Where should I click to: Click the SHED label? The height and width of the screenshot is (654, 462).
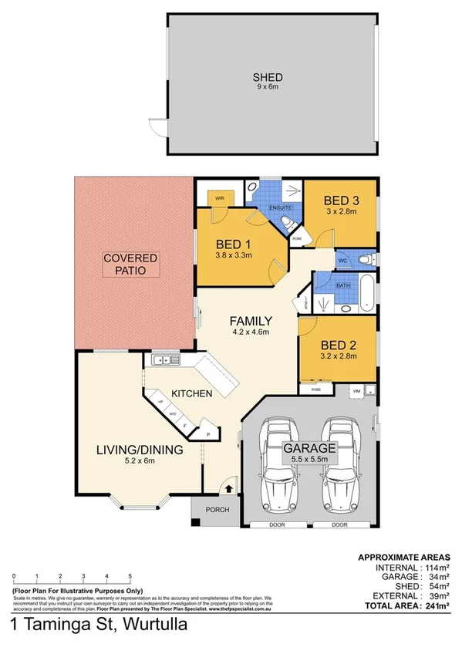pyautogui.click(x=268, y=77)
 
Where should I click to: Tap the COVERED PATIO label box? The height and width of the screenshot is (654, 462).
pyautogui.click(x=130, y=264)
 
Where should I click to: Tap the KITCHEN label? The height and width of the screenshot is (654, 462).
pyautogui.click(x=191, y=393)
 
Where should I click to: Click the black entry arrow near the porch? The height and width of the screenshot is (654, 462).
pyautogui.click(x=228, y=487)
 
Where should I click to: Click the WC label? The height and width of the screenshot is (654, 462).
pyautogui.click(x=343, y=261)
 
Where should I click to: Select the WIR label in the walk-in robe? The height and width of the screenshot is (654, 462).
pyautogui.click(x=220, y=197)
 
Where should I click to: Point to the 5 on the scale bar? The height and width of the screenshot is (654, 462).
pyautogui.click(x=130, y=577)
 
